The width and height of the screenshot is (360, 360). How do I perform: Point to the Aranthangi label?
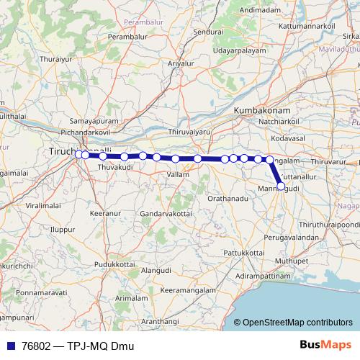160,321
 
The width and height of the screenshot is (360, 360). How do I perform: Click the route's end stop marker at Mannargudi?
281,186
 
